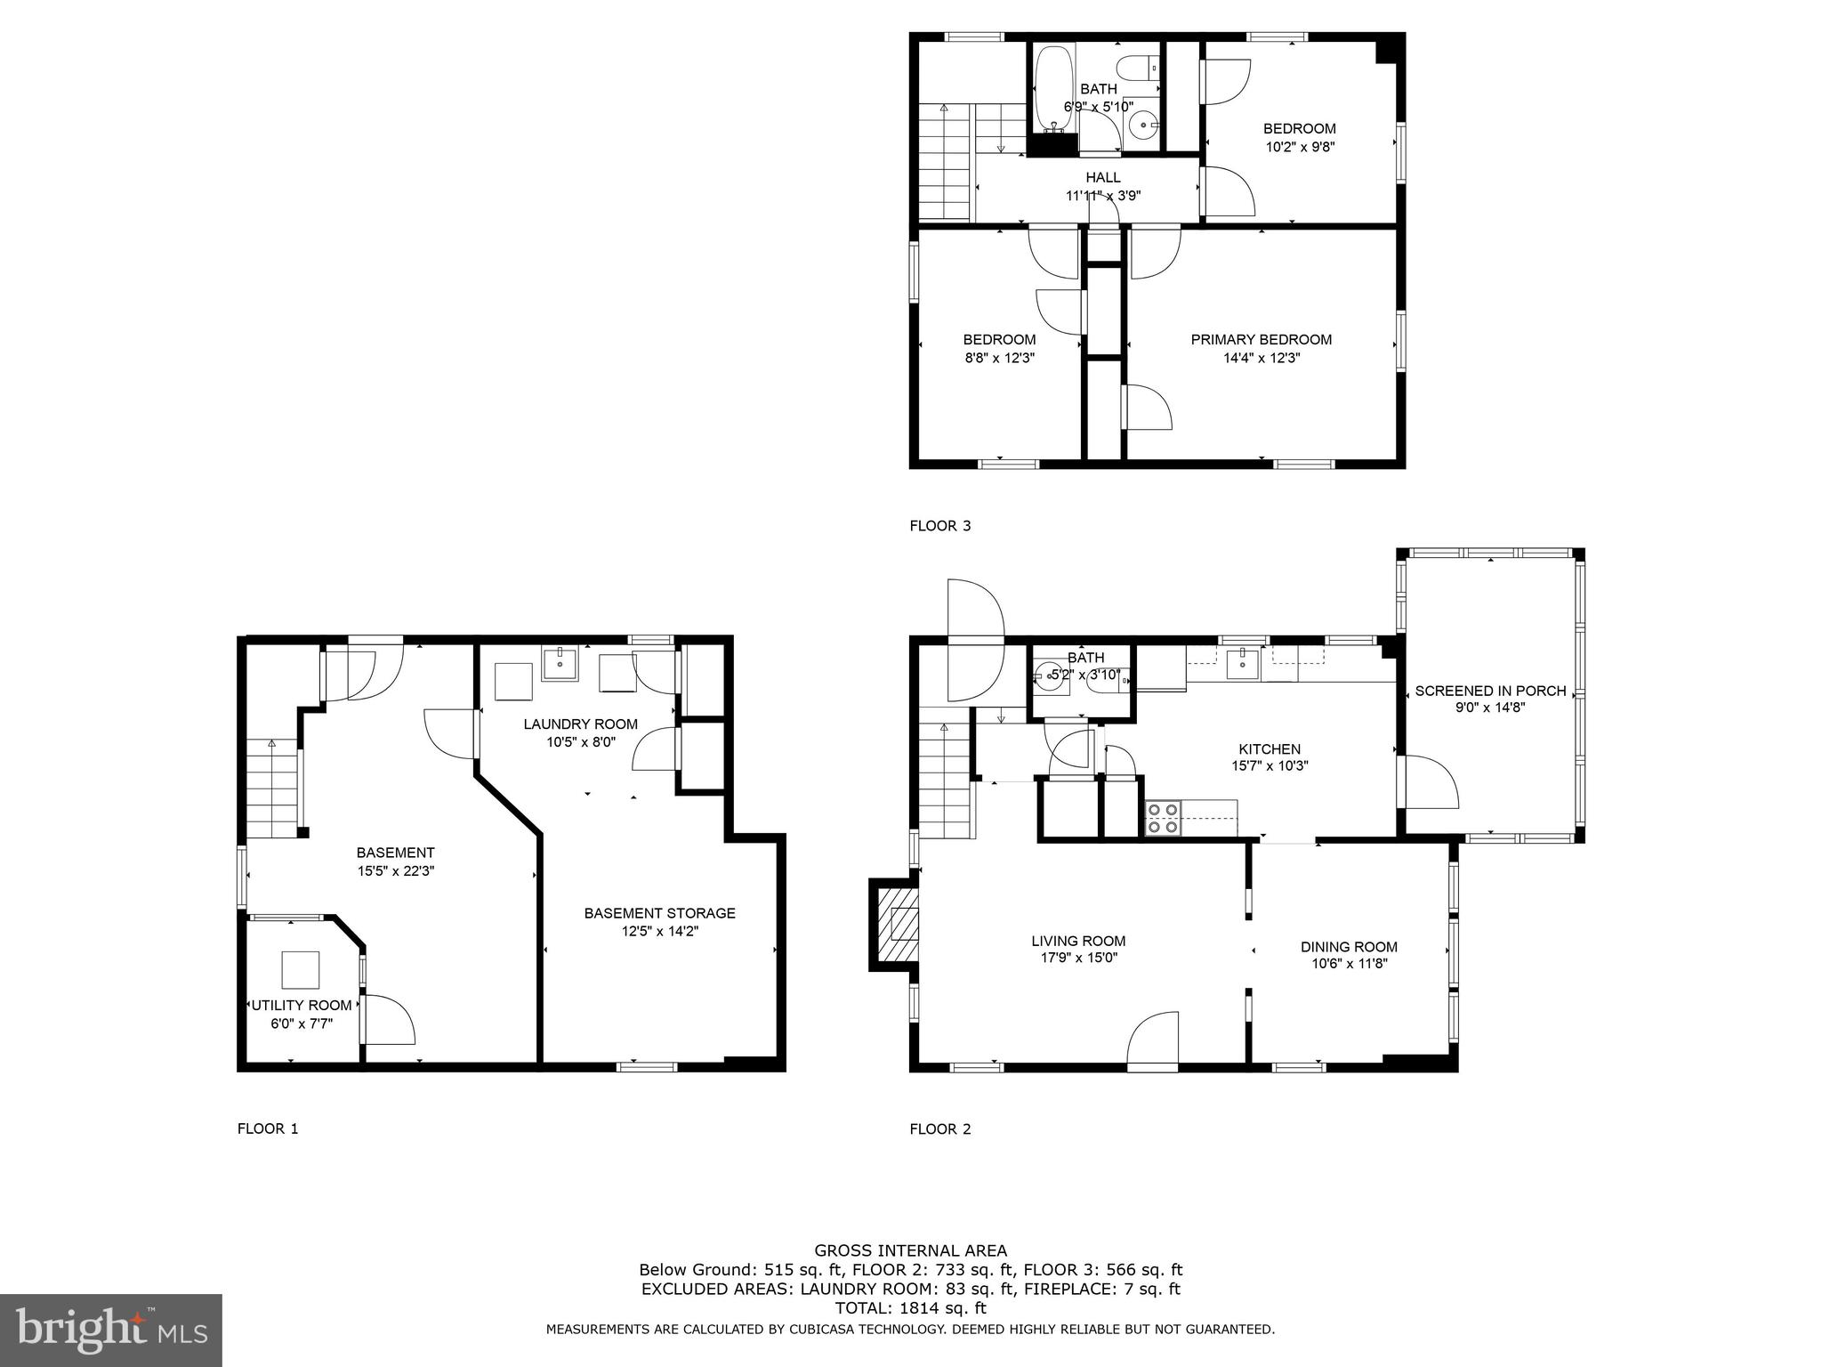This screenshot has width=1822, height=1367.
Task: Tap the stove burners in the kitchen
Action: click(1162, 818)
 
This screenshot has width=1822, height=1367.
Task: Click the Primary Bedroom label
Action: click(1261, 339)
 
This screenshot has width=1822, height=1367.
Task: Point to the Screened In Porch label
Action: click(1490, 691)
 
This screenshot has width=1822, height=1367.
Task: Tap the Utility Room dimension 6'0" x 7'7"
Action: click(302, 1023)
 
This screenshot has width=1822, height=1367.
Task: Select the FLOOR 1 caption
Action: click(268, 1128)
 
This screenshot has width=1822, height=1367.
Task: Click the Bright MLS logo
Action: click(110, 1330)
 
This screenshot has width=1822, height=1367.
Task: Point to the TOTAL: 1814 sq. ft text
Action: click(910, 1308)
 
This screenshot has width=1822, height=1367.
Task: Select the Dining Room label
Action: click(1349, 947)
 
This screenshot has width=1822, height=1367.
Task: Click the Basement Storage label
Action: click(659, 913)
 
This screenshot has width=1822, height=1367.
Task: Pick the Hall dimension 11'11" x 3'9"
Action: click(1103, 196)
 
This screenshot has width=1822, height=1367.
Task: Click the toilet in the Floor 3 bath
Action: click(1139, 69)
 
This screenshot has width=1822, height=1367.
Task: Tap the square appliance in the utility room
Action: click(300, 970)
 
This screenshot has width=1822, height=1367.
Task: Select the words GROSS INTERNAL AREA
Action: click(910, 1250)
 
